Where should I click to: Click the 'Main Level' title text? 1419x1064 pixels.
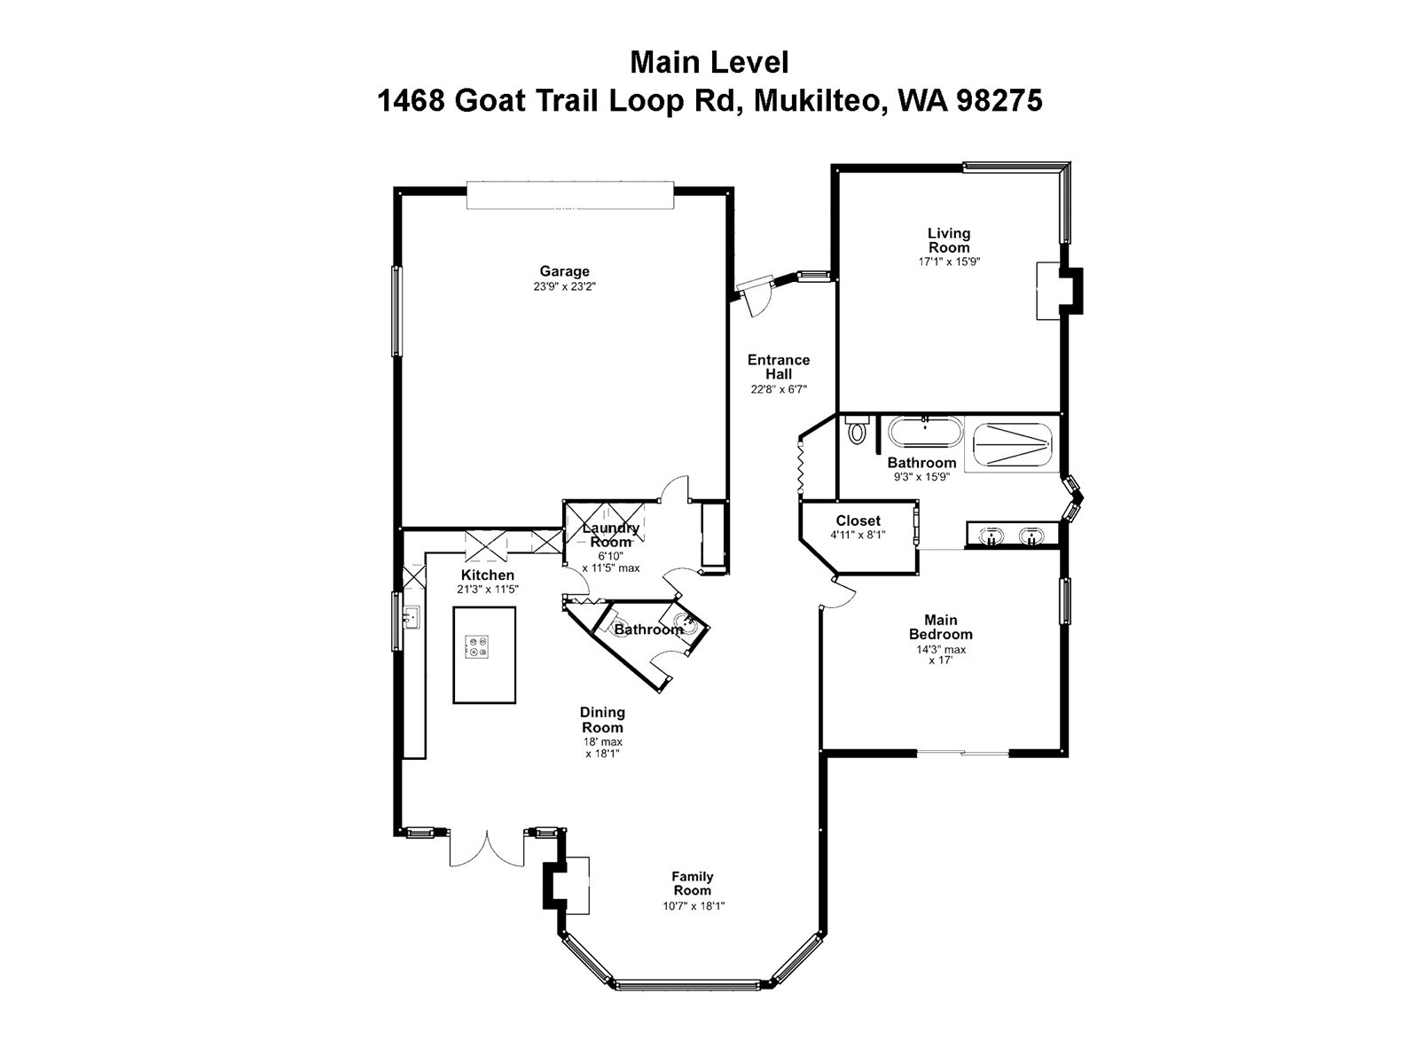click(x=709, y=63)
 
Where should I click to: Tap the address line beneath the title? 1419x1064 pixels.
click(x=709, y=101)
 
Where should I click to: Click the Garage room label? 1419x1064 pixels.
click(x=564, y=271)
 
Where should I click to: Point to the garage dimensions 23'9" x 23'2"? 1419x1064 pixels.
click(x=564, y=286)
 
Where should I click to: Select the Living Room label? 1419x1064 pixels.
click(x=949, y=240)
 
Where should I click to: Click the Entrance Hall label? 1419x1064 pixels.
click(x=779, y=366)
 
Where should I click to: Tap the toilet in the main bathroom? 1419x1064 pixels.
click(x=857, y=432)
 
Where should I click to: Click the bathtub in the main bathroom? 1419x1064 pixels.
click(x=925, y=435)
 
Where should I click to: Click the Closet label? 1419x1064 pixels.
click(x=858, y=520)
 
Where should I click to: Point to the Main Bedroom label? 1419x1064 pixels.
click(x=940, y=627)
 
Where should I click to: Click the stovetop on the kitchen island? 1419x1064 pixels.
click(x=477, y=646)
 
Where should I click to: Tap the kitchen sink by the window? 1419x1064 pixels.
click(x=411, y=615)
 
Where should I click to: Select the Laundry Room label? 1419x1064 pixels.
click(x=610, y=535)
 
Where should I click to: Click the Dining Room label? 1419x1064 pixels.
click(x=602, y=719)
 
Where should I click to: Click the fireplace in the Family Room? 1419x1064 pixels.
click(x=568, y=886)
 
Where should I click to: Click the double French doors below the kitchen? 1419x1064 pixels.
click(x=487, y=849)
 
